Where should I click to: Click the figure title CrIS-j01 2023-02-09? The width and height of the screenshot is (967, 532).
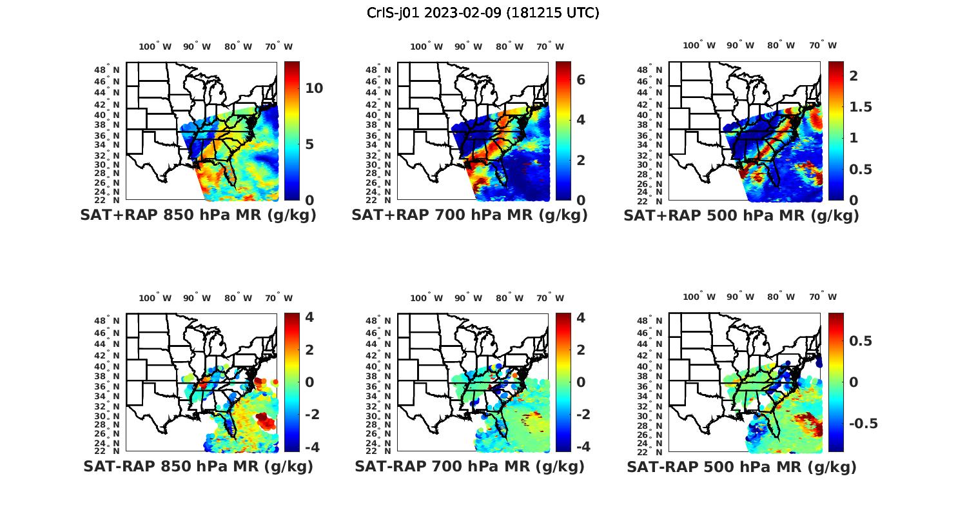tap(483, 13)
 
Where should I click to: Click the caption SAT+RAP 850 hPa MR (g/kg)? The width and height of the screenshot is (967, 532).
tap(198, 215)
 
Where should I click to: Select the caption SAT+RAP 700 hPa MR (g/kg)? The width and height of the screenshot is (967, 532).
tap(469, 215)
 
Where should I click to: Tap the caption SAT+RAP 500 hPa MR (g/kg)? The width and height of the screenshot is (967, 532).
tap(741, 215)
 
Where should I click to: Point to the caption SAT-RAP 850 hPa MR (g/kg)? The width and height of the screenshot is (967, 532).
tap(198, 466)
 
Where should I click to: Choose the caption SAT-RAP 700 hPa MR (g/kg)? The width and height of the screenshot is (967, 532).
tap(469, 466)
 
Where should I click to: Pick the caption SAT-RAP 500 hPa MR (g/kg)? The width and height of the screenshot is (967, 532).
tap(741, 466)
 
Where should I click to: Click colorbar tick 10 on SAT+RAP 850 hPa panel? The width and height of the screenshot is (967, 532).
tap(314, 88)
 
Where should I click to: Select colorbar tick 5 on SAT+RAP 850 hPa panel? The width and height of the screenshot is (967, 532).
tap(309, 144)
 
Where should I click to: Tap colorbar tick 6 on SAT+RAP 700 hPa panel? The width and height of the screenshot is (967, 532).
tap(581, 79)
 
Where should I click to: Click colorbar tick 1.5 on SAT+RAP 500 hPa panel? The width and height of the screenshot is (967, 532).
tap(860, 107)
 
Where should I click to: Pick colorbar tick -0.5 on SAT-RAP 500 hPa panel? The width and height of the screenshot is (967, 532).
tap(862, 423)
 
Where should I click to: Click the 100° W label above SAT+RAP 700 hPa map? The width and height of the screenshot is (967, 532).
tap(426, 46)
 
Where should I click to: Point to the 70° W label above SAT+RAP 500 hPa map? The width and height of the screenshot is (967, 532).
tap(823, 45)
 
